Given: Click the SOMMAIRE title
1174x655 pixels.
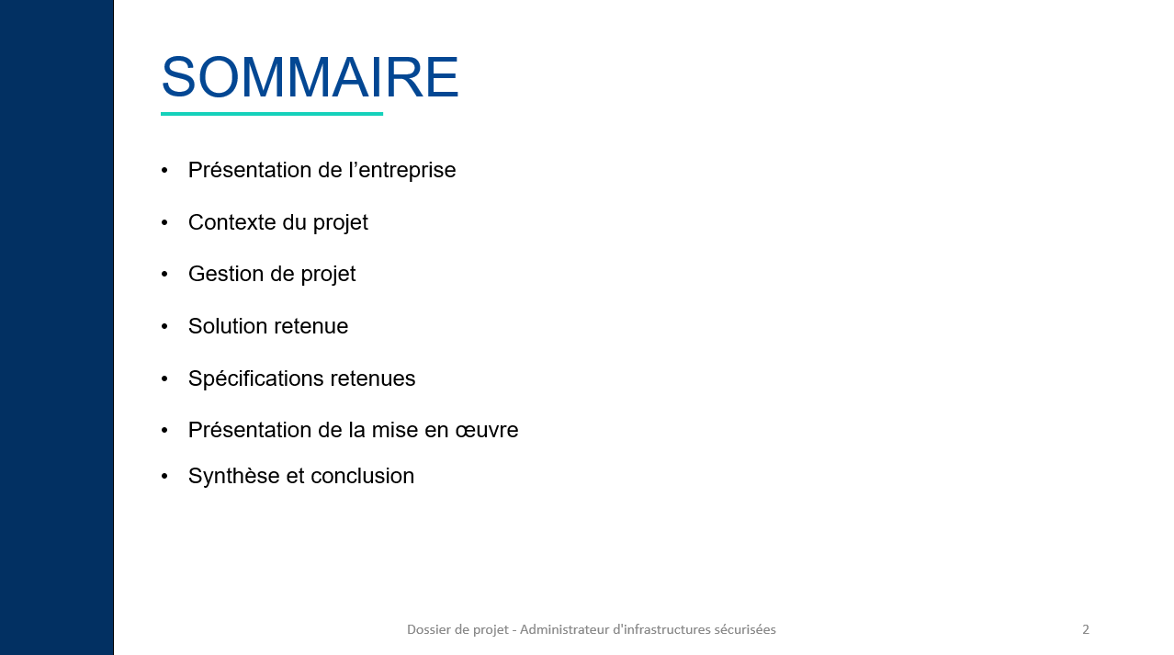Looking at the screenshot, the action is point(310,77).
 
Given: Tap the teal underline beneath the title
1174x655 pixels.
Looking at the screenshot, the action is point(272,114).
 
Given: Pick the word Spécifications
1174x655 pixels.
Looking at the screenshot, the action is point(255,378).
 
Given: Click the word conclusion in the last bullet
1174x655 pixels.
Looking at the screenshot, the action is point(362,476).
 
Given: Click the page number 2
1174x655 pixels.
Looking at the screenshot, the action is point(1086,629).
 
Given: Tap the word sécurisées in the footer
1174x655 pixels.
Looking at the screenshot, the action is point(745,629).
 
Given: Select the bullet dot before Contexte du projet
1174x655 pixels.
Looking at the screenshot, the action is point(164,222).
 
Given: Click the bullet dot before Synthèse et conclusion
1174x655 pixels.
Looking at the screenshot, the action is point(164,476).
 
